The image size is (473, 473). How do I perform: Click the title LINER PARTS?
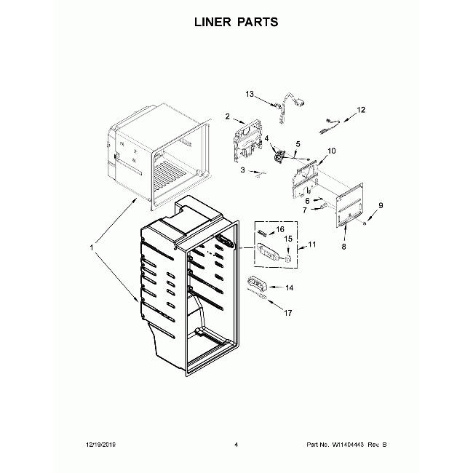pos(236,23)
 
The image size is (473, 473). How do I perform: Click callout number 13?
pos(249,94)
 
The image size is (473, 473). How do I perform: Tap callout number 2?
pos(227,116)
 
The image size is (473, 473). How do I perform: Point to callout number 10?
pos(332,151)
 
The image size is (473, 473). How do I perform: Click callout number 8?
pos(344,247)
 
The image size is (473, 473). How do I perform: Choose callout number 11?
pos(313,245)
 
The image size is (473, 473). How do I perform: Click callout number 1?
pos(92,247)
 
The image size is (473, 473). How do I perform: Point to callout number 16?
pos(279,229)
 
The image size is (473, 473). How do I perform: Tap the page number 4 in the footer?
pos(236,445)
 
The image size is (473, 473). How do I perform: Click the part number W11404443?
pos(355,445)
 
